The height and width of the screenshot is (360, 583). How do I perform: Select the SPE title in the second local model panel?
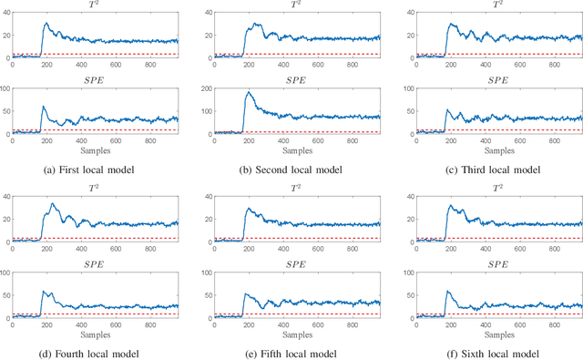[296, 80]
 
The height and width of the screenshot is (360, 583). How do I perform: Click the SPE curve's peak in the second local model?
[248, 93]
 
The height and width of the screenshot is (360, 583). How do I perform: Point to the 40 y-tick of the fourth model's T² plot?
[5, 196]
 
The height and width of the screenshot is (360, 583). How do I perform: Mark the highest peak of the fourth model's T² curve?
[53, 204]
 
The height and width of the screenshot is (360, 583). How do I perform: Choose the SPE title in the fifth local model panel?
[296, 264]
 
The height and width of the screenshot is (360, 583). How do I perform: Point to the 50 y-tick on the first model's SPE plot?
[5, 112]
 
